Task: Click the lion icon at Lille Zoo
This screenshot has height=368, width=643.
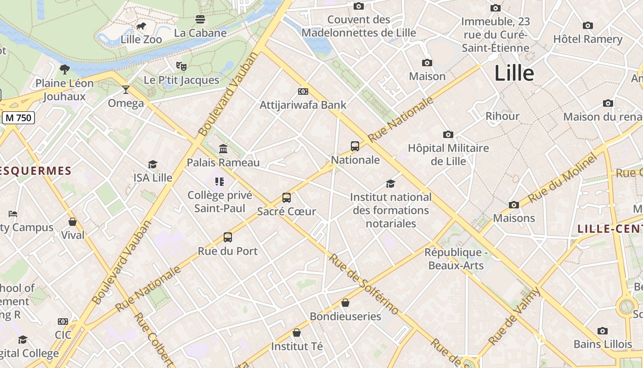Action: click(141, 26)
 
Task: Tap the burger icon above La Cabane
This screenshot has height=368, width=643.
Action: click(200, 19)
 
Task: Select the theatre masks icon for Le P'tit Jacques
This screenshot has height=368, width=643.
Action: click(181, 66)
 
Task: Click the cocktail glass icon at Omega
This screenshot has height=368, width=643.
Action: click(126, 90)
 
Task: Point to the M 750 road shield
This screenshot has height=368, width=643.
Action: click(18, 118)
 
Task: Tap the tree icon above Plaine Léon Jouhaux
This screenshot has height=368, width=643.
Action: click(65, 69)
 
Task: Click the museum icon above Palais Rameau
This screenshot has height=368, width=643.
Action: click(223, 149)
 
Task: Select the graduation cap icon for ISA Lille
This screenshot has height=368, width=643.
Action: click(153, 164)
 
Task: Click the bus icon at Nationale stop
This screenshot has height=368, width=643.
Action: click(355, 146)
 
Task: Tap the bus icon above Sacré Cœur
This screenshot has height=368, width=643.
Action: click(287, 198)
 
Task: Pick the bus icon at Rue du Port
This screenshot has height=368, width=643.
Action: click(228, 237)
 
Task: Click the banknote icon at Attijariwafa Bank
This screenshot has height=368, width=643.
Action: click(303, 92)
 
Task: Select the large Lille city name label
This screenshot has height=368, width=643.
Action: click(514, 74)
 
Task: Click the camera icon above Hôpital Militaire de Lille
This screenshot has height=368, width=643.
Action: click(448, 135)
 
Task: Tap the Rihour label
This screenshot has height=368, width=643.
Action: click(502, 116)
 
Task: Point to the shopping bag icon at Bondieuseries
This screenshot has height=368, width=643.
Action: click(345, 303)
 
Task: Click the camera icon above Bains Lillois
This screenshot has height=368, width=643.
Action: click(603, 331)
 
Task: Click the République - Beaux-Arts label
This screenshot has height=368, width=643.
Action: click(456, 259)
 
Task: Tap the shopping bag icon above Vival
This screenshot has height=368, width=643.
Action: click(73, 222)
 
